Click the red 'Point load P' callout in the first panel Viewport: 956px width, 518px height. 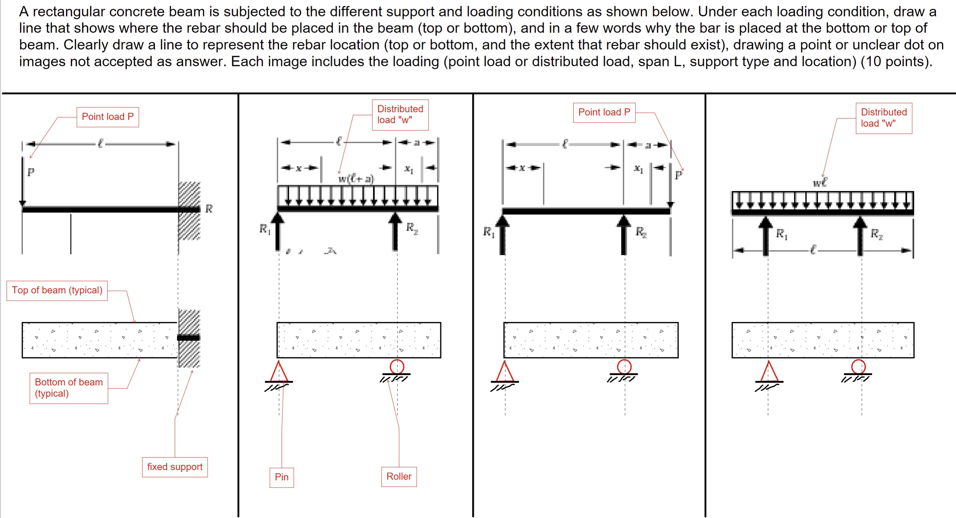tap(107, 117)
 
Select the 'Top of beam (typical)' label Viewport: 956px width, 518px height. tap(57, 290)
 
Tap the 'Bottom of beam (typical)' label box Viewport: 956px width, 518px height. tap(69, 388)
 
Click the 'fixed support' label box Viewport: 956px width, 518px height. tap(175, 467)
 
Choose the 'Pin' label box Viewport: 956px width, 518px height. tap(282, 477)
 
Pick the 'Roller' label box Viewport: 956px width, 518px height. tap(399, 476)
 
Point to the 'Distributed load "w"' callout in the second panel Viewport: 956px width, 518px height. tap(400, 114)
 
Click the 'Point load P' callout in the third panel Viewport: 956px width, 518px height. tap(604, 112)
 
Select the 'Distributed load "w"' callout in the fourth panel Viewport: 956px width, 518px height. tap(884, 118)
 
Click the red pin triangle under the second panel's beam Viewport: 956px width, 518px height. tap(278, 372)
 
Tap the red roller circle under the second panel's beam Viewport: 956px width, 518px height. tap(397, 366)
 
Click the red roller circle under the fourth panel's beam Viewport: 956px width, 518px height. tap(859, 366)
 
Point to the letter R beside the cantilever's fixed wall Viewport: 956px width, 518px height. tap(209, 209)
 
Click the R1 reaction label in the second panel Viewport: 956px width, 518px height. tap(265, 229)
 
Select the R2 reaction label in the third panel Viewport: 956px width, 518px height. tap(641, 232)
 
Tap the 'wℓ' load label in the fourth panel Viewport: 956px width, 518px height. tap(820, 182)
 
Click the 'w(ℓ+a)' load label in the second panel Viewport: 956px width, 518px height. tap(356, 179)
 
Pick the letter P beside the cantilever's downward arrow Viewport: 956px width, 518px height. tap(31, 172)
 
